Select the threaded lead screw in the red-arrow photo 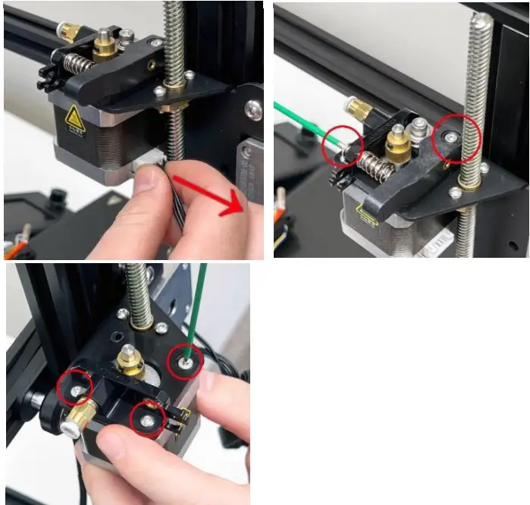[174, 45]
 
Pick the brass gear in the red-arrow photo [105, 47]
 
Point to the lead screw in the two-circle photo [478, 83]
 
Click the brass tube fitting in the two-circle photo [359, 111]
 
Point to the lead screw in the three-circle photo [140, 292]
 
